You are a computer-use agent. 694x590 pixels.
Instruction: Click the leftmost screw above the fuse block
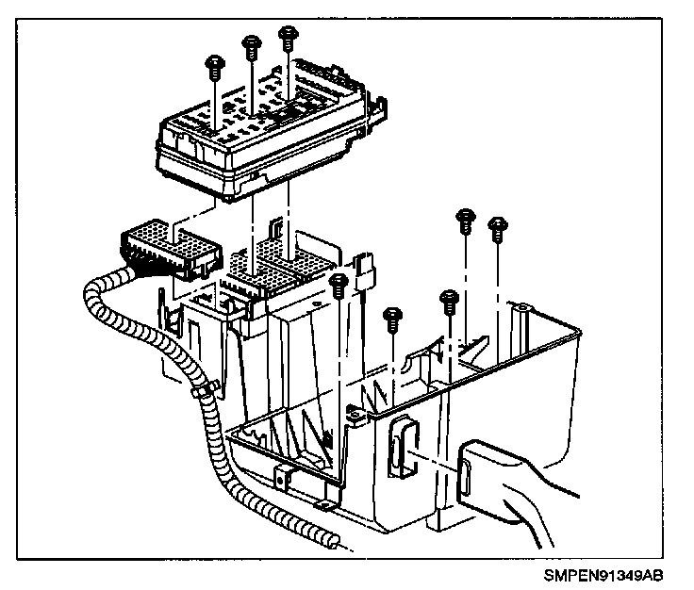tap(215, 66)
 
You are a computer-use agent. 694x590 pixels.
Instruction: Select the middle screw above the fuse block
tap(251, 43)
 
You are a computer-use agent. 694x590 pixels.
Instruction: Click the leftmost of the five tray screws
tap(342, 282)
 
